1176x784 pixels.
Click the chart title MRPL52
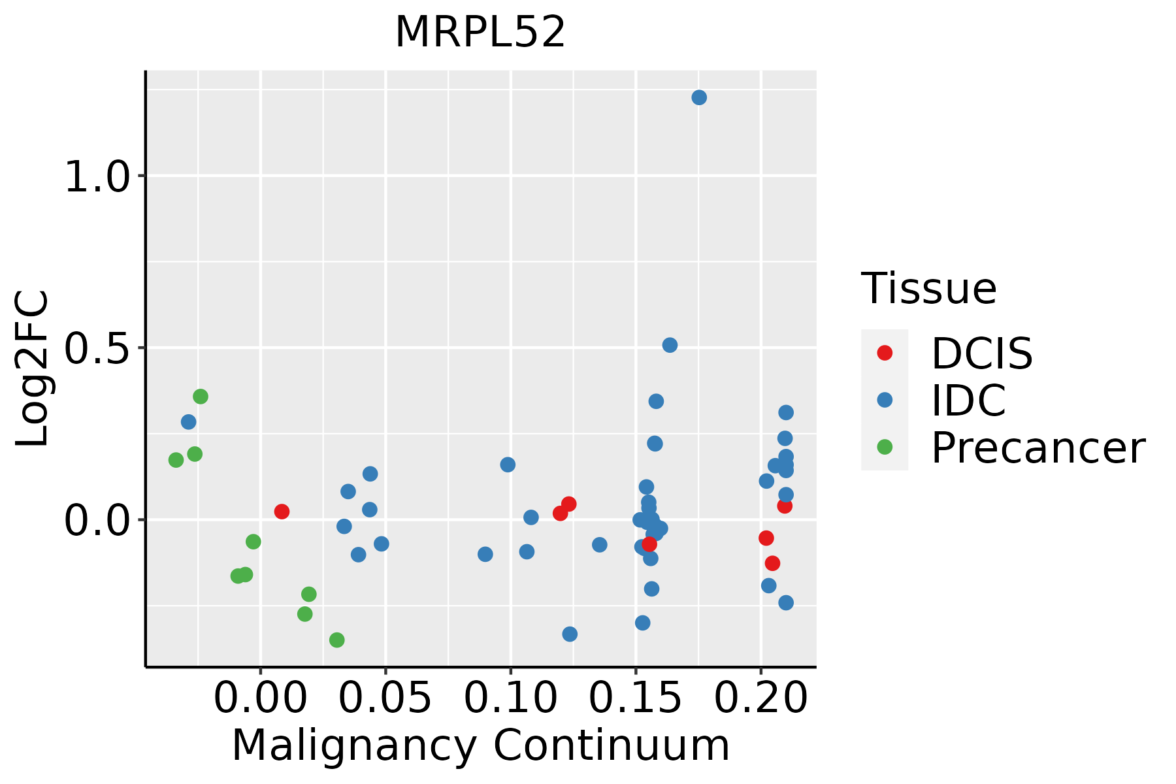pyautogui.click(x=480, y=32)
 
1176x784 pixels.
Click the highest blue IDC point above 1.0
pyautogui.click(x=699, y=97)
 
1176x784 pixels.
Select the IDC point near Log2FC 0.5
pyautogui.click(x=670, y=345)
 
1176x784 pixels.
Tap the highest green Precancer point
pyautogui.click(x=201, y=397)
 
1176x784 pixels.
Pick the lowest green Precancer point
pyautogui.click(x=337, y=640)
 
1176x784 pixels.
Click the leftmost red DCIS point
pyautogui.click(x=282, y=512)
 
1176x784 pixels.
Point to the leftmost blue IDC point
pyautogui.click(x=189, y=422)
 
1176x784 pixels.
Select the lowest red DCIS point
pyautogui.click(x=772, y=563)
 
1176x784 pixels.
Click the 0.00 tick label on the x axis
pyautogui.click(x=260, y=698)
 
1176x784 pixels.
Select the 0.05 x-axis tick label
pyautogui.click(x=385, y=698)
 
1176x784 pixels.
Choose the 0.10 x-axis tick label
pyautogui.click(x=510, y=698)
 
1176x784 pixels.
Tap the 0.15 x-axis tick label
pyautogui.click(x=636, y=698)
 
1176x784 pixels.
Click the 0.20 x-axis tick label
pyautogui.click(x=760, y=698)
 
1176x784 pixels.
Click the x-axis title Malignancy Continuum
pyautogui.click(x=480, y=745)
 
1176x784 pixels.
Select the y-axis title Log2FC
pyautogui.click(x=33, y=369)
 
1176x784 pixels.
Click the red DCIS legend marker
pyautogui.click(x=885, y=353)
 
